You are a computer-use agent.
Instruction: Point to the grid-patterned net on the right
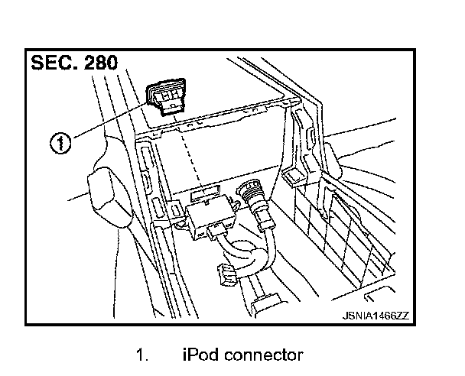pos(352,229)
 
